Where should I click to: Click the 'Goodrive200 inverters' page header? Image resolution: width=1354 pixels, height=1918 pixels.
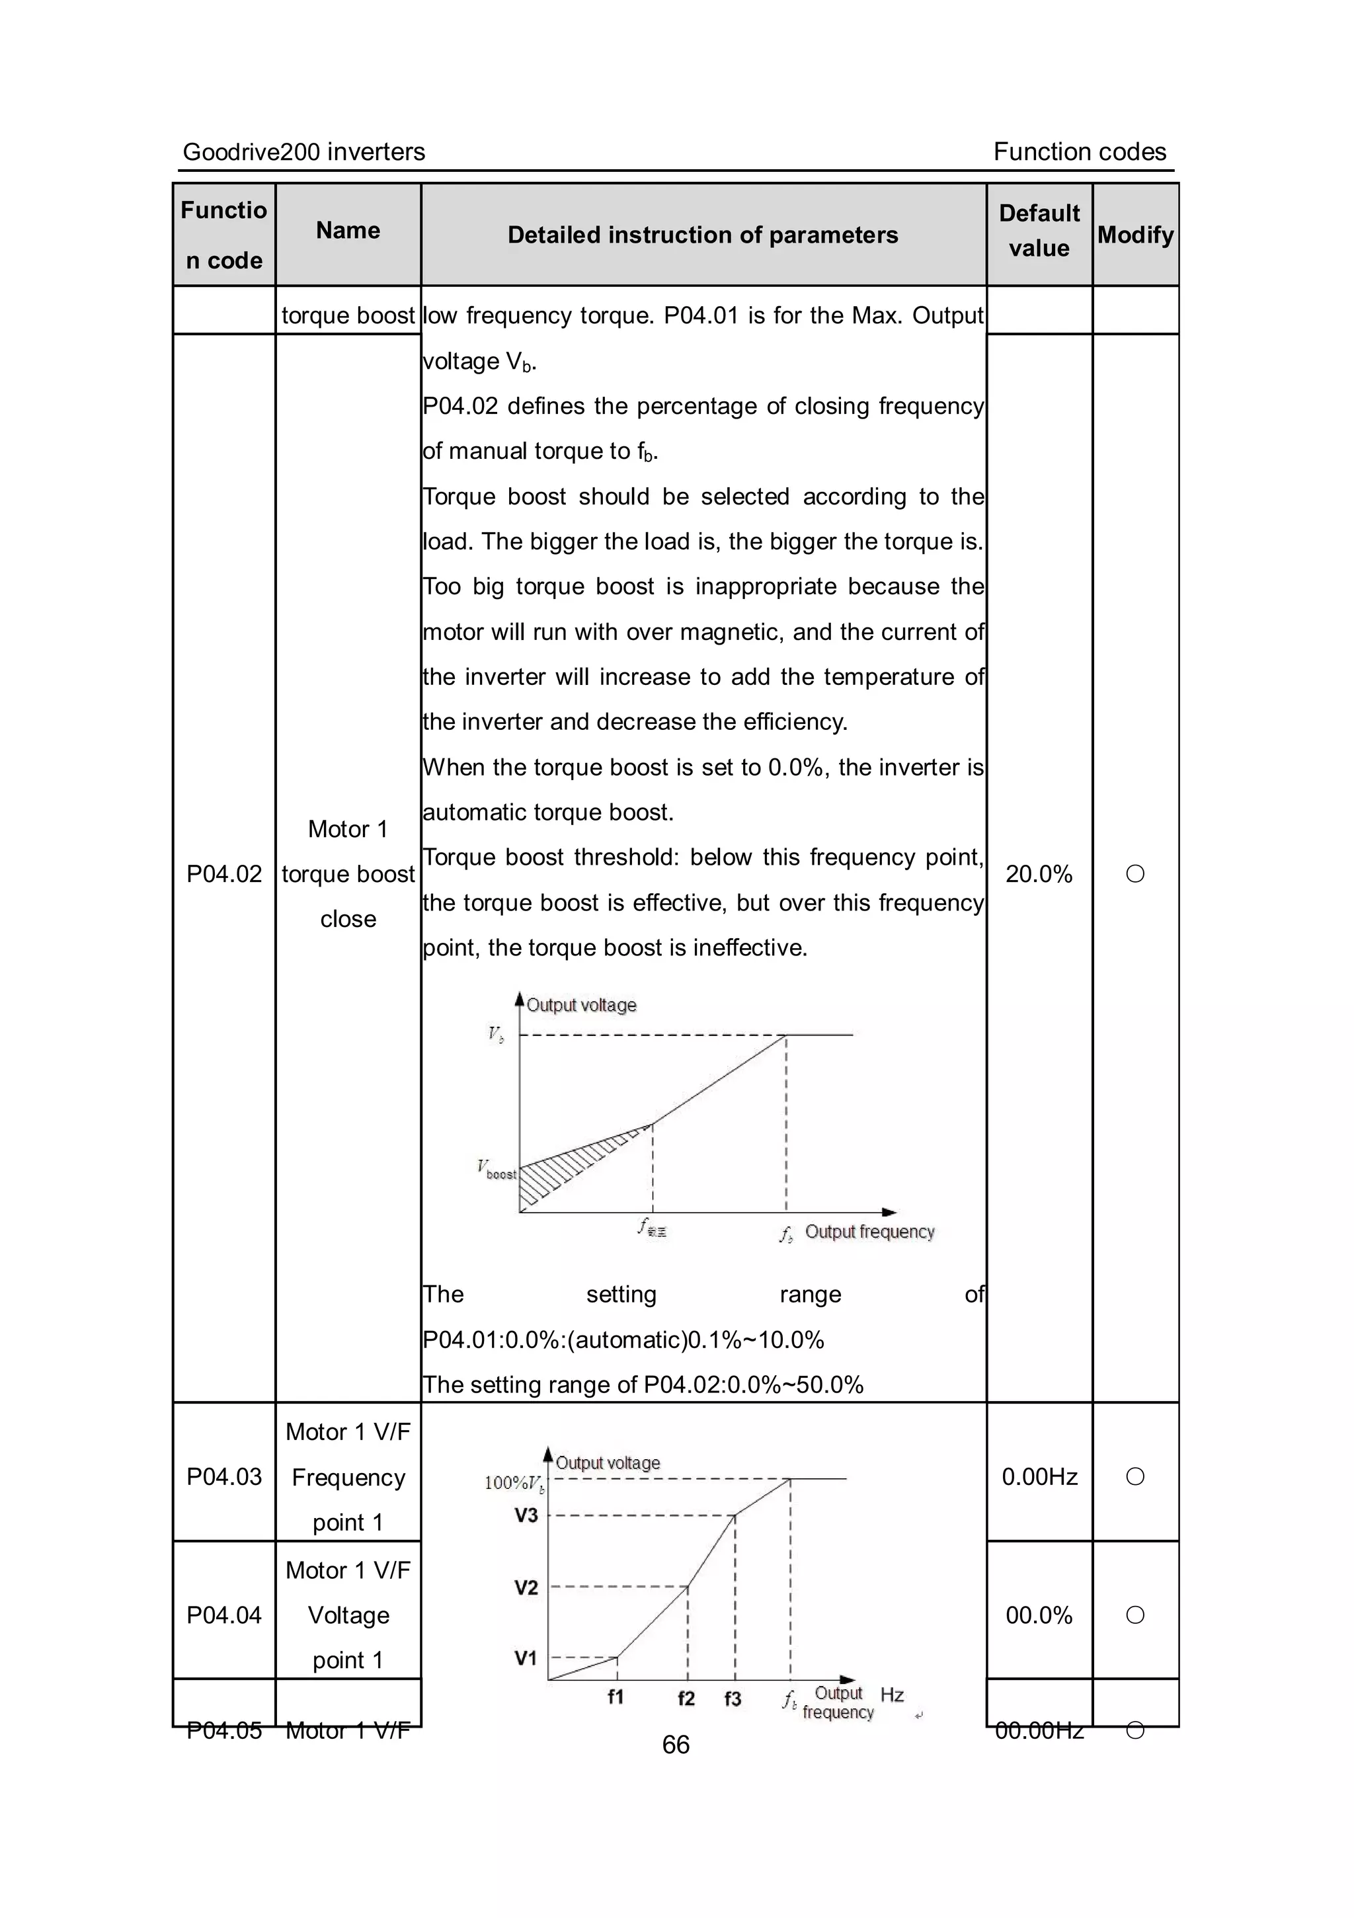[x=303, y=152]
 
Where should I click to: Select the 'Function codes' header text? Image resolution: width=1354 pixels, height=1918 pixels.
[x=1079, y=152]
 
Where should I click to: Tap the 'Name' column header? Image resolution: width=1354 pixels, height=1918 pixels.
[x=348, y=231]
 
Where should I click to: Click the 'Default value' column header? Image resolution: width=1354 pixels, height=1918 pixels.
[x=1039, y=231]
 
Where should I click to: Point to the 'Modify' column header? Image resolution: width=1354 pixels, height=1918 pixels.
[x=1135, y=235]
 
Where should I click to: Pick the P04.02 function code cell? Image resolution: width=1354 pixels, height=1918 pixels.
[x=224, y=874]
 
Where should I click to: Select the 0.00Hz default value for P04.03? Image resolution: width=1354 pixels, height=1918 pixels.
[x=1039, y=1477]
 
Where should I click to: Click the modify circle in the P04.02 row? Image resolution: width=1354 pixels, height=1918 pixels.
[x=1135, y=874]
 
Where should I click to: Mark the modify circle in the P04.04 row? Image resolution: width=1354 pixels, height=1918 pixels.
[x=1135, y=1615]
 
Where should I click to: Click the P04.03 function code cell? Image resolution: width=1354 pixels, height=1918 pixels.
[x=224, y=1477]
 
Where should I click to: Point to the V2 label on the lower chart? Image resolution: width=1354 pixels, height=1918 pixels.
[x=526, y=1587]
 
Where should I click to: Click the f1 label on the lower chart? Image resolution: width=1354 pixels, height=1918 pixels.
[x=616, y=1697]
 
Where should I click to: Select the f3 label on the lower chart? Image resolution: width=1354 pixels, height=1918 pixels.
[x=733, y=1698]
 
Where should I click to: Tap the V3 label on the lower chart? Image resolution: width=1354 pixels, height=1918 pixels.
[x=526, y=1515]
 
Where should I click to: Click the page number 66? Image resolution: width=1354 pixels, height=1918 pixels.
[x=676, y=1744]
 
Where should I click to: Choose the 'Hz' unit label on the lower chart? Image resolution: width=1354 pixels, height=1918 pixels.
[x=892, y=1694]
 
